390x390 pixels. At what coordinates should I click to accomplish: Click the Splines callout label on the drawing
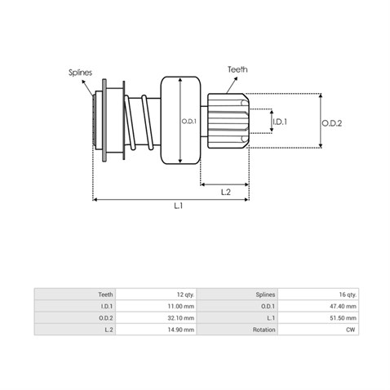(80, 73)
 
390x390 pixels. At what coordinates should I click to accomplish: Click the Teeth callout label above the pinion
(237, 69)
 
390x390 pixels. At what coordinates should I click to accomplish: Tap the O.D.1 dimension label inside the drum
(188, 122)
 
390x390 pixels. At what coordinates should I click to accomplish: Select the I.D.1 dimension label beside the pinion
(280, 122)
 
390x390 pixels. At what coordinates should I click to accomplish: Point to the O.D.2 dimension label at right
(332, 123)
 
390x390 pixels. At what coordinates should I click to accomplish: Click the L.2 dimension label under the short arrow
(226, 193)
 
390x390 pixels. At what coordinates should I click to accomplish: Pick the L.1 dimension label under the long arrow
(179, 206)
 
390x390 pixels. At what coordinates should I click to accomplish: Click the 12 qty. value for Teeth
(185, 295)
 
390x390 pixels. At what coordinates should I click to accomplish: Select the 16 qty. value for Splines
(348, 295)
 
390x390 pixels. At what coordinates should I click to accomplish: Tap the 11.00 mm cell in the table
(181, 306)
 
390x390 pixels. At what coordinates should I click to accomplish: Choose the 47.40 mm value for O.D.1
(343, 306)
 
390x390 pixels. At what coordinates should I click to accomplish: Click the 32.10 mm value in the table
(181, 318)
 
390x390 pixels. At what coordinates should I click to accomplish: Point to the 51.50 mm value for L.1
(343, 318)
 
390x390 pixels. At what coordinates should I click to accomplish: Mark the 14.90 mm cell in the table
(181, 330)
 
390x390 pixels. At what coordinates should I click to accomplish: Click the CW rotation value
(351, 330)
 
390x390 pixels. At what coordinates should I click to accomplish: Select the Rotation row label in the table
(264, 330)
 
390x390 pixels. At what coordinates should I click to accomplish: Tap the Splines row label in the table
(265, 295)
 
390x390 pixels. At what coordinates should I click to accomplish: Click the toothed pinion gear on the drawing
(228, 121)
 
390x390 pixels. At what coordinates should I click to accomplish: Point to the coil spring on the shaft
(139, 122)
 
